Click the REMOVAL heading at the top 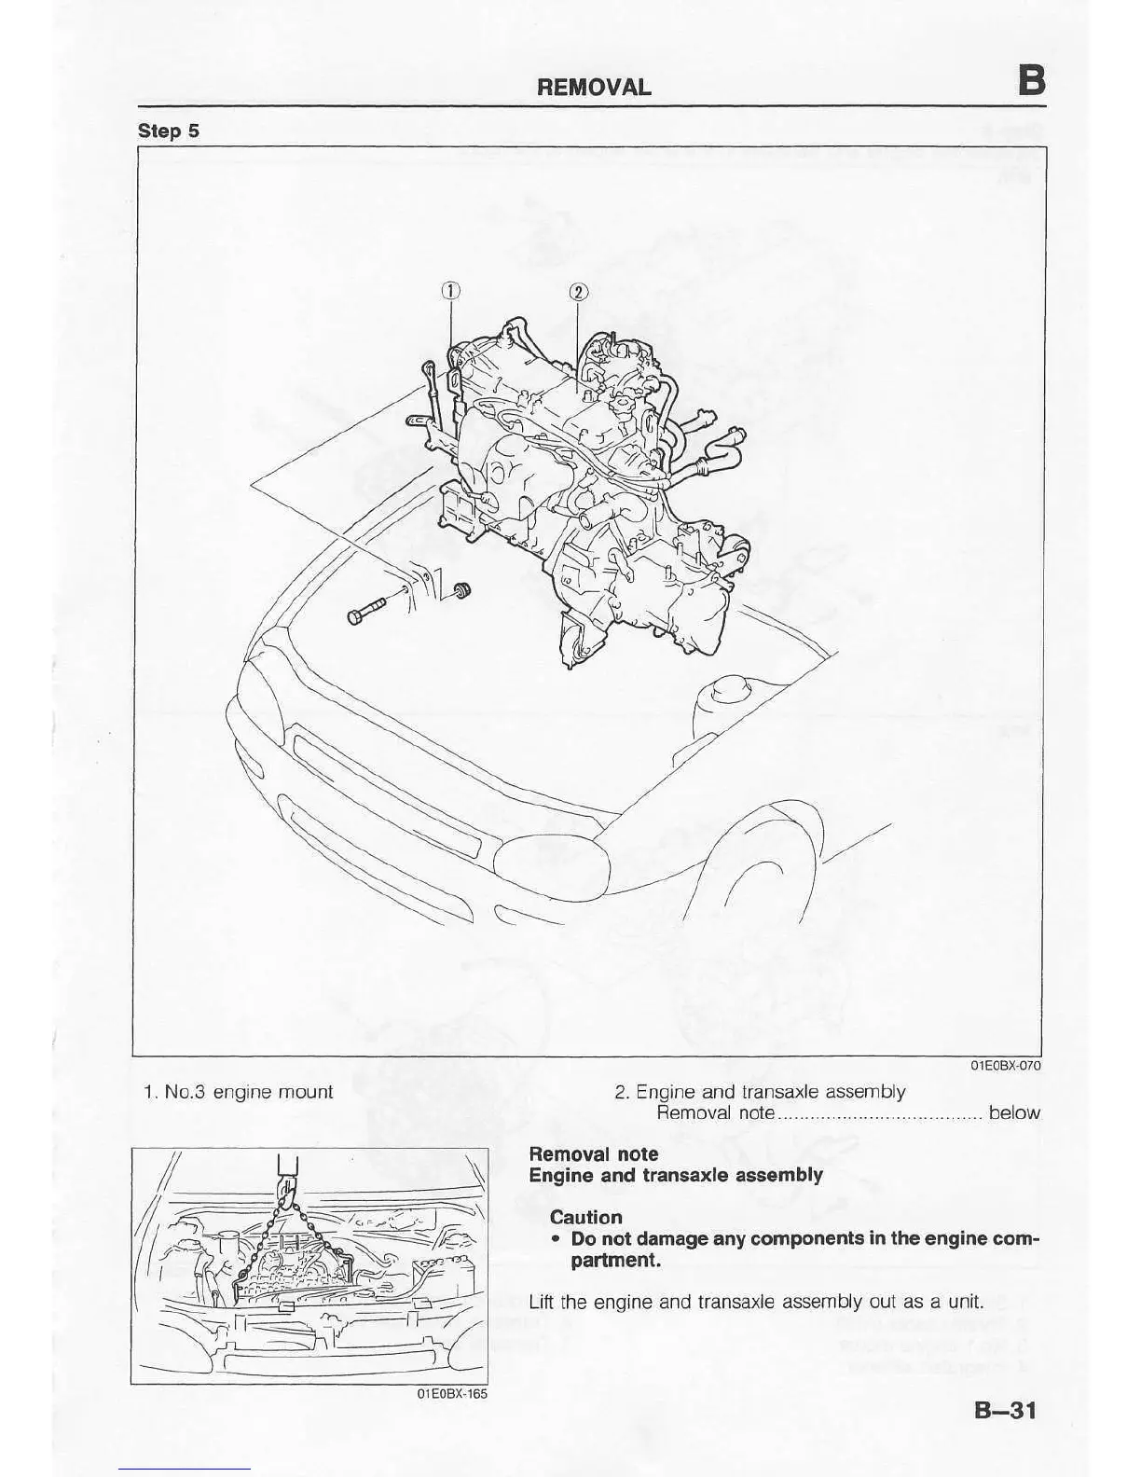pos(594,88)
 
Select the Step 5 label pos(168,131)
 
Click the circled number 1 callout pos(449,291)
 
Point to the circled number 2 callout pos(577,292)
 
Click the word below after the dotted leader pos(1014,1112)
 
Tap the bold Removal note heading pos(594,1154)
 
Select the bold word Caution pos(585,1217)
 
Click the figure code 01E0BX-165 pos(452,1393)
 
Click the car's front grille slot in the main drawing pos(387,793)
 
